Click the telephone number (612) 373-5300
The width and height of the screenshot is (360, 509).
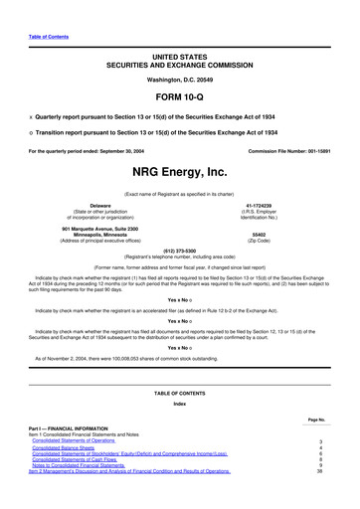point(179,251)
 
